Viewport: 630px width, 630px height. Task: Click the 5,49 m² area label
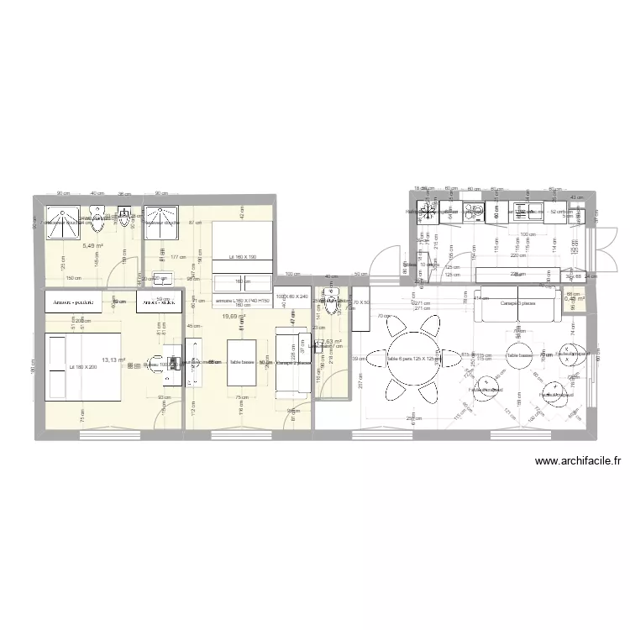pyautogui.click(x=92, y=246)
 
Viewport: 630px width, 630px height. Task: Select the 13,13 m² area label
pyautogui.click(x=113, y=360)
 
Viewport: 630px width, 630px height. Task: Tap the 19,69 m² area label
pyautogui.click(x=234, y=317)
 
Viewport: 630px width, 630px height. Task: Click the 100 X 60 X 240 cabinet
pyautogui.click(x=292, y=297)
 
